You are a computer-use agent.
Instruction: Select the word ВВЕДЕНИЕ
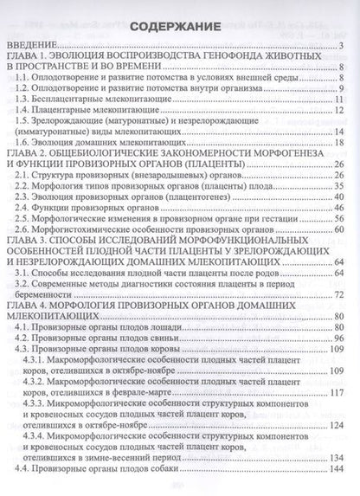point(35,47)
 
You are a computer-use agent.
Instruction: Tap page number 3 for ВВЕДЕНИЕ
point(344,47)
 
